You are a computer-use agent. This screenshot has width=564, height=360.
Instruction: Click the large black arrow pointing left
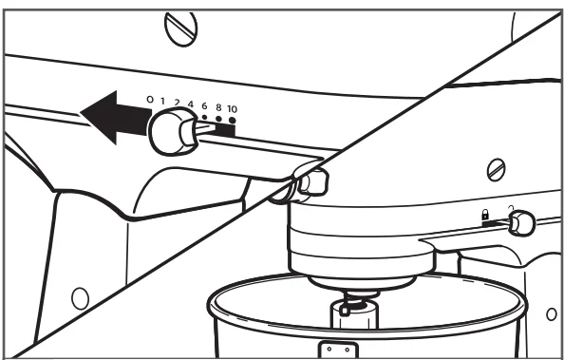(115, 118)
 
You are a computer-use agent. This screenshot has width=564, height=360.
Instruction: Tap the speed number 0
(150, 100)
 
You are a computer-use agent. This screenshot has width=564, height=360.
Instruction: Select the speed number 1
(162, 101)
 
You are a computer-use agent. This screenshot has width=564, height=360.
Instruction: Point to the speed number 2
(177, 103)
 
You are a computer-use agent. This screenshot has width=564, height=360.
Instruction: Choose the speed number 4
(190, 104)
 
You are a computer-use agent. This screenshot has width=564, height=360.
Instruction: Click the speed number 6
(204, 105)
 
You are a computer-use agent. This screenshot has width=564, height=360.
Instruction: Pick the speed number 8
(218, 107)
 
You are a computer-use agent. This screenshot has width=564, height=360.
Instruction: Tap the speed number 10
(232, 108)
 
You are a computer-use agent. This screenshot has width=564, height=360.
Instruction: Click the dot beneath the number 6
(204, 117)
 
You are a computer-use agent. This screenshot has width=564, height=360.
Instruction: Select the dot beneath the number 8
(218, 119)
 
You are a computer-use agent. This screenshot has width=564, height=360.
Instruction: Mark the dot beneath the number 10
(233, 121)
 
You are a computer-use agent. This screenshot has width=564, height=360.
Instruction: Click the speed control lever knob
(173, 131)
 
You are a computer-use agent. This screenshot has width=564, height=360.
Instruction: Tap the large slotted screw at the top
(181, 28)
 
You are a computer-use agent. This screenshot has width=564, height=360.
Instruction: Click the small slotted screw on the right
(496, 170)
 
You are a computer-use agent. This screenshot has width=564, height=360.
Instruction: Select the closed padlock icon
(485, 215)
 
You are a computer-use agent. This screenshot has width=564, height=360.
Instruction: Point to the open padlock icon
(511, 208)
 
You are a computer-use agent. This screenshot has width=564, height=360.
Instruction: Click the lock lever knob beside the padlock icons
(522, 223)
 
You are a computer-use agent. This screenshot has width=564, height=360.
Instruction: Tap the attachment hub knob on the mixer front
(312, 182)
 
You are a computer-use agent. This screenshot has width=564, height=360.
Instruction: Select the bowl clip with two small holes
(338, 350)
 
